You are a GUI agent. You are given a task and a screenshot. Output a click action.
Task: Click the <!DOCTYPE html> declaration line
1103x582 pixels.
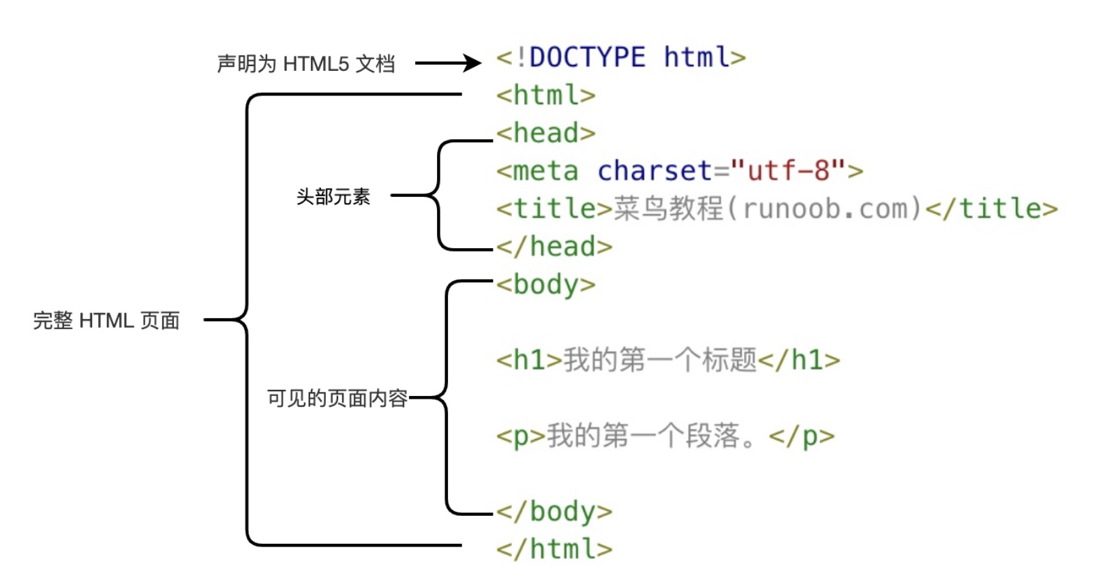621,57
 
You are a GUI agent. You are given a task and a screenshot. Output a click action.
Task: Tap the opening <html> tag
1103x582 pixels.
546,95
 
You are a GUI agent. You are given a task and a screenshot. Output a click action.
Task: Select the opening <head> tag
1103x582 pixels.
546,133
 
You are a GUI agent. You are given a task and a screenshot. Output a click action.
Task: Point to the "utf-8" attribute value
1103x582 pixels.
788,171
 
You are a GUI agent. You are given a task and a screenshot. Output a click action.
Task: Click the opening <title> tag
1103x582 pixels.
554,209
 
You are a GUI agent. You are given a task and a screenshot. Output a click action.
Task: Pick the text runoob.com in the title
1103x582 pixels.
832,209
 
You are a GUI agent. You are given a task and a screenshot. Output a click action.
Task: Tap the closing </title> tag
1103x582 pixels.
992,209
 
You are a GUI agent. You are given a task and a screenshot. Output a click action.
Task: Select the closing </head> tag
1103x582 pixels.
554,246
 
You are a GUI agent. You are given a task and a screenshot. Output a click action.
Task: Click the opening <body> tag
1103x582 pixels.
546,285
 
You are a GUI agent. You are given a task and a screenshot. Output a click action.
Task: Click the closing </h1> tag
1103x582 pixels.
799,360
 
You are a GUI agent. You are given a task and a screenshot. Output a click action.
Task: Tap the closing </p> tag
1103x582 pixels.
802,437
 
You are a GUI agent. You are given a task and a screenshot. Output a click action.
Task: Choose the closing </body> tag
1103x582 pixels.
554,512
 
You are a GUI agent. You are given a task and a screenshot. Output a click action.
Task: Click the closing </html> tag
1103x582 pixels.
554,549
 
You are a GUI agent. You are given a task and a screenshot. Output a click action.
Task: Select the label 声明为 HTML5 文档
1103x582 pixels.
306,64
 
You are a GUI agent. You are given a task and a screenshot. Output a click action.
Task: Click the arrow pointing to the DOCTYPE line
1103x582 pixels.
448,63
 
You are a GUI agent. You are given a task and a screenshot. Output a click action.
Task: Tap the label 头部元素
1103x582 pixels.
333,196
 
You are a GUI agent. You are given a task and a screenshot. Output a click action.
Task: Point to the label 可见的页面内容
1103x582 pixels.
337,398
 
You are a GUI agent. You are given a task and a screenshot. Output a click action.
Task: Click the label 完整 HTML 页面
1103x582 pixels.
106,320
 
